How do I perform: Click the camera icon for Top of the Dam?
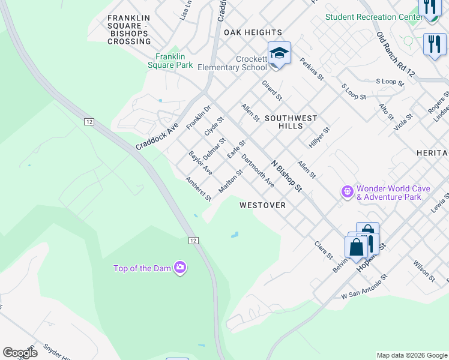pos(179,268)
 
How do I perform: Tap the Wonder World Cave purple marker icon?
pos(347,192)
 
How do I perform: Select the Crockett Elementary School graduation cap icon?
pos(279,53)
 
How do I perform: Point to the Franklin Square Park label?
pos(170,61)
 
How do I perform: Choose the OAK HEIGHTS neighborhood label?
pos(253,32)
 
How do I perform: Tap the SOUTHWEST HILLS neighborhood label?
pos(291,122)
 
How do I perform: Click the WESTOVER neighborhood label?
pos(262,205)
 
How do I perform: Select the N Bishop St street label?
pos(286,176)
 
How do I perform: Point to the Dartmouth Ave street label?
pos(257,171)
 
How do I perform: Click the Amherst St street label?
pos(199,189)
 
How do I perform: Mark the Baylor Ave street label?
pos(200,163)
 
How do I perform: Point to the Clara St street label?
pos(324,251)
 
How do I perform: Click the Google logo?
pos(20,353)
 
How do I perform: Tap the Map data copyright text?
pos(412,355)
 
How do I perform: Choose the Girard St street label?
pos(271,90)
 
